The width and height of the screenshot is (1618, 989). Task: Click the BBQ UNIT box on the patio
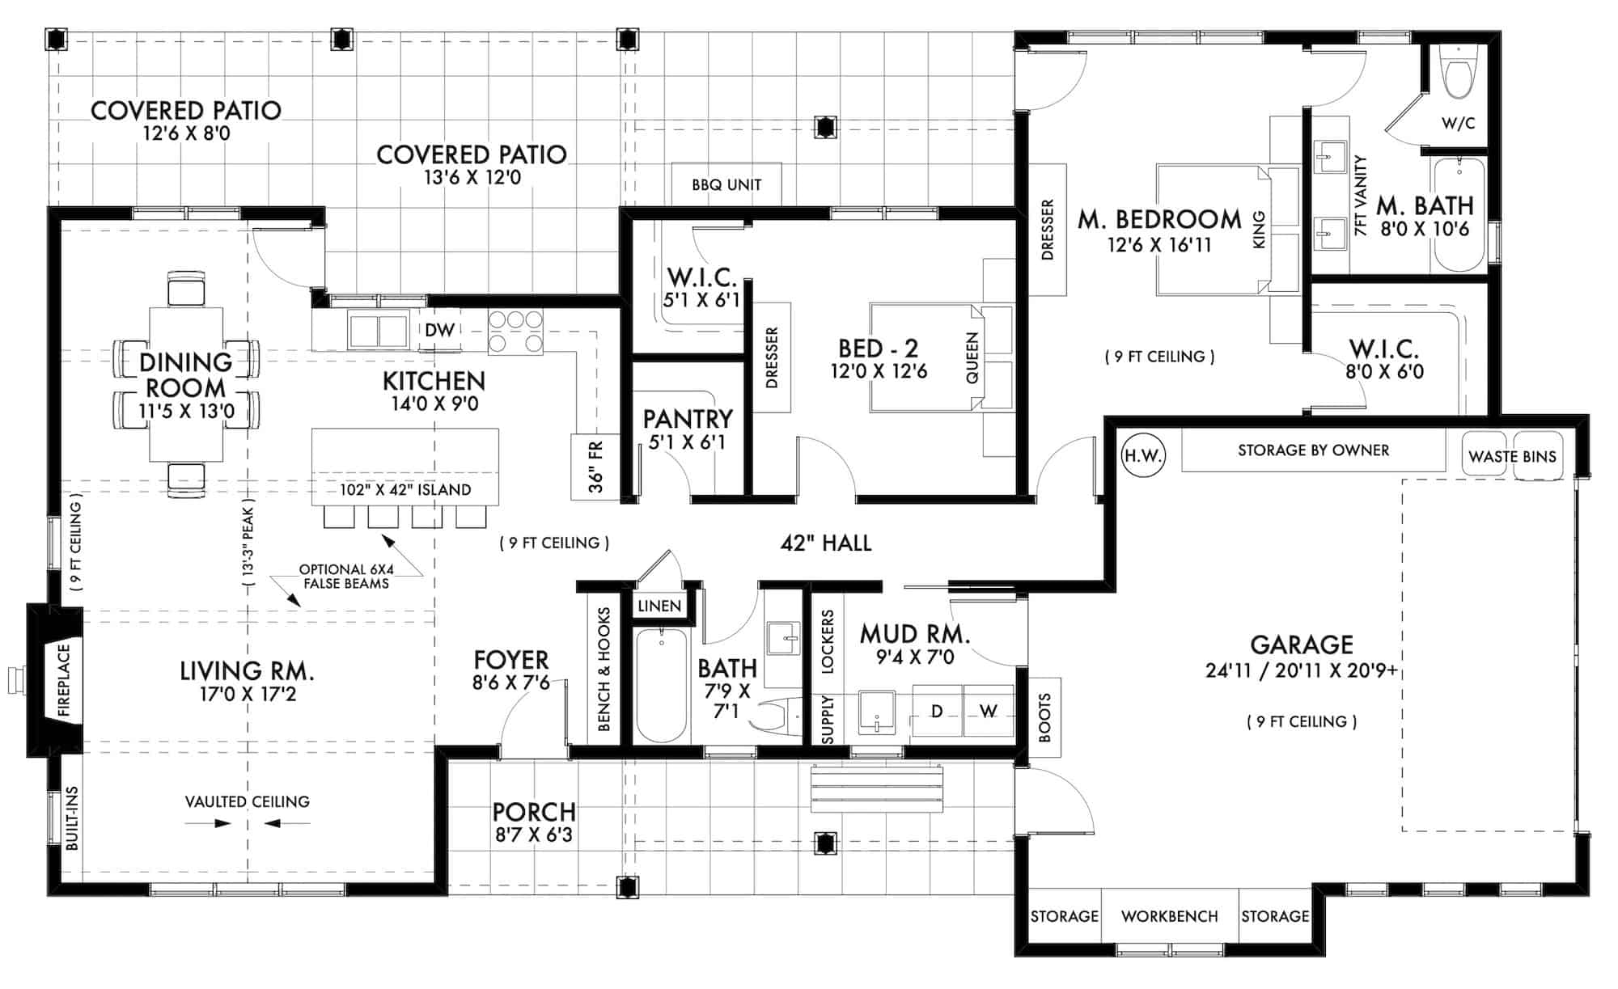point(726,184)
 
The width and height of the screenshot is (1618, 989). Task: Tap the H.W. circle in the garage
point(1142,456)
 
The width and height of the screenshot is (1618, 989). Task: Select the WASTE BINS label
point(1512,457)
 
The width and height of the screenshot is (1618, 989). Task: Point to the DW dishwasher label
point(439,330)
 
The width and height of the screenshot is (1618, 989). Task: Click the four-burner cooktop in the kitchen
point(515,332)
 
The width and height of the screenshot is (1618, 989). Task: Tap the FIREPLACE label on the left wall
point(65,680)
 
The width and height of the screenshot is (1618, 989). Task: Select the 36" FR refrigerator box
point(595,467)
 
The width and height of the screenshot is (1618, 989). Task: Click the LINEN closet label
point(659,607)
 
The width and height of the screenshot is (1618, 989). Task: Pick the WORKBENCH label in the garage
point(1169,916)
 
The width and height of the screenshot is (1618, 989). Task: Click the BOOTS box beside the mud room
point(1044,717)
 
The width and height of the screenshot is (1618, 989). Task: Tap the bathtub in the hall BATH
point(661,687)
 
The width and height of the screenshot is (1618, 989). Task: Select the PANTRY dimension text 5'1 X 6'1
point(687,442)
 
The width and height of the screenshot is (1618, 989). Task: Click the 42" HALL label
point(826,543)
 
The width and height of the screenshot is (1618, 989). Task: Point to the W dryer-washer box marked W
point(988,712)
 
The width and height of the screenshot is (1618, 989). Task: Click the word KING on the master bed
point(1259,230)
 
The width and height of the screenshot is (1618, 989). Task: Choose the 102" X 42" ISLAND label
point(404,490)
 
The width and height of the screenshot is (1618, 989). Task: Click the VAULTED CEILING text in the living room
point(247,801)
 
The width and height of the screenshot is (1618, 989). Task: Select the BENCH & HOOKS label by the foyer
point(604,670)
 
